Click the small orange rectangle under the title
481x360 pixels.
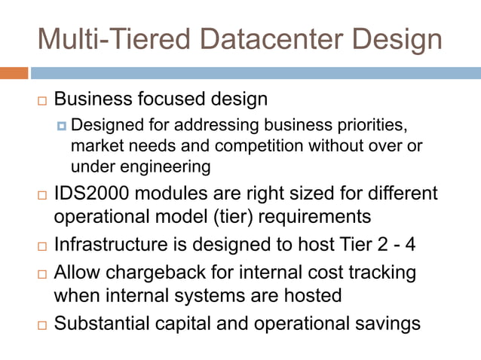(x=14, y=73)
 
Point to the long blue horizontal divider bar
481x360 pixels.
(x=256, y=73)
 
